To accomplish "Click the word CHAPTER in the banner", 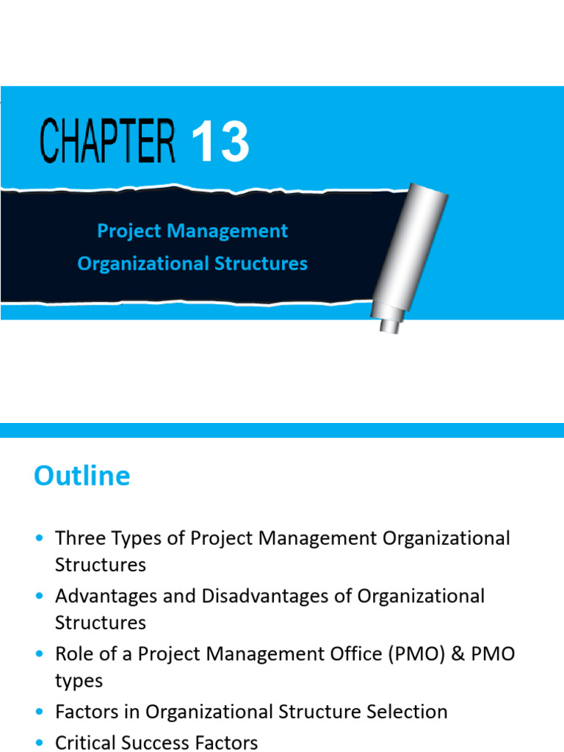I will coord(107,141).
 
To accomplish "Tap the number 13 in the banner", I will coord(220,142).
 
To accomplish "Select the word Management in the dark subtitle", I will coord(228,231).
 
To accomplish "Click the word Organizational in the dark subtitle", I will coord(139,264).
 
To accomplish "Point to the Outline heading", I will coord(82,476).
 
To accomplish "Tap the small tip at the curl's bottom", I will coord(389,324).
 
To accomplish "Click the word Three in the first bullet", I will coord(81,538).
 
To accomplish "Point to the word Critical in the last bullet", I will coord(84,742).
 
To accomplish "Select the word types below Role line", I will coord(79,681).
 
